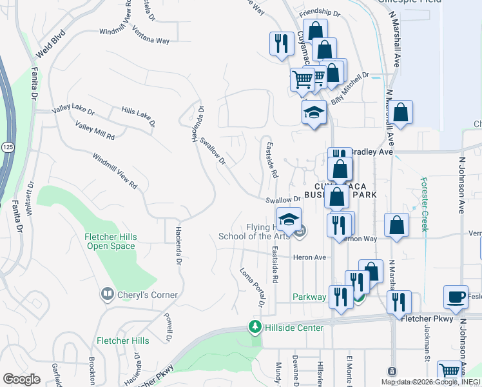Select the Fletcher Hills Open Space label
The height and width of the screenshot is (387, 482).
tap(111, 241)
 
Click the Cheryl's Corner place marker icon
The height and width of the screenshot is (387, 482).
tap(107, 295)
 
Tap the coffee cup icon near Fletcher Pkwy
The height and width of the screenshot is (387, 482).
tap(456, 296)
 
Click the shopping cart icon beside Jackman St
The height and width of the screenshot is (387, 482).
tap(450, 370)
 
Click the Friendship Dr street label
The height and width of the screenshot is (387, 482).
tap(319, 12)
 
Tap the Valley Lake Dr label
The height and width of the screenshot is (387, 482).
tap(73, 112)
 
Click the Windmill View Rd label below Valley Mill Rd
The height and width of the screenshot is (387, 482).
tap(115, 170)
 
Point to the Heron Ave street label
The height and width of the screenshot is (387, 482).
tap(310, 257)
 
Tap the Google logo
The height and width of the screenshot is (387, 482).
tap(21, 379)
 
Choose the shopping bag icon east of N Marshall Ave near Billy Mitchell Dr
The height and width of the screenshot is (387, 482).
tap(401, 112)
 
